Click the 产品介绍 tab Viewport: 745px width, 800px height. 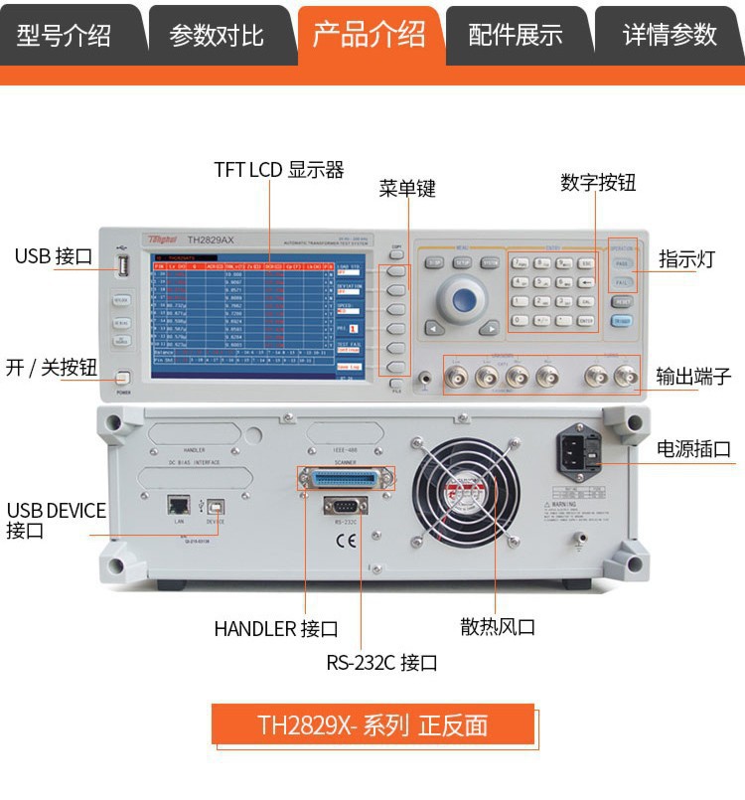(370, 36)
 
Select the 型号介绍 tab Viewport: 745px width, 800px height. (64, 36)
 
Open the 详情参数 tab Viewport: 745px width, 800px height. (670, 36)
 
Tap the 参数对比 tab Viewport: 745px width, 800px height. (217, 36)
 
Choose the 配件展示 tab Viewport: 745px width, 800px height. (516, 36)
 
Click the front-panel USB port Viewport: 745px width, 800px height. (123, 266)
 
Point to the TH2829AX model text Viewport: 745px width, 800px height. (211, 240)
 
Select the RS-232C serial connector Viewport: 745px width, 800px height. (346, 506)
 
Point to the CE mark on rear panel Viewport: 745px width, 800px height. (346, 542)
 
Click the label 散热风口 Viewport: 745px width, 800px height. (498, 627)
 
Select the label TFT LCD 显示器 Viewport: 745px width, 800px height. (279, 170)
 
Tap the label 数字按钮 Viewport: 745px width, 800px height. (598, 183)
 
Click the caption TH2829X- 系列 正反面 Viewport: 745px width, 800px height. (372, 724)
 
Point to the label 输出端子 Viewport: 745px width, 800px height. (694, 377)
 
